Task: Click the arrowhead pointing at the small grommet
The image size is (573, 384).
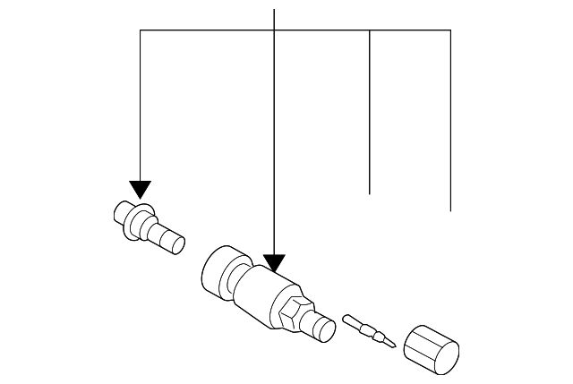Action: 141,189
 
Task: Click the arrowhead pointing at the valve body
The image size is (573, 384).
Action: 273,263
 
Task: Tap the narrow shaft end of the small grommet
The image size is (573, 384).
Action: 171,241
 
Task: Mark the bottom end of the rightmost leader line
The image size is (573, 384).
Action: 449,210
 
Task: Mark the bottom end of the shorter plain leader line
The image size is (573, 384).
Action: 370,193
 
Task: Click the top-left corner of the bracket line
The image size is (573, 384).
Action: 141,30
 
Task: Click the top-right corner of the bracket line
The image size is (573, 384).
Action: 449,30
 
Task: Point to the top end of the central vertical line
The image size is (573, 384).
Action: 273,8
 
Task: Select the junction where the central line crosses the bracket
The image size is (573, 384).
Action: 273,30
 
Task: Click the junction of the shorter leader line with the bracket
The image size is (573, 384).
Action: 370,30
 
